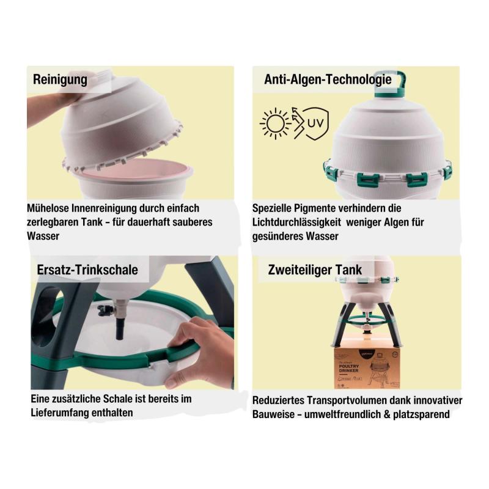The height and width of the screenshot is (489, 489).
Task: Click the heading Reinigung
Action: click(60, 79)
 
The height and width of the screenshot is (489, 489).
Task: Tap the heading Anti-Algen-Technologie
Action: click(328, 79)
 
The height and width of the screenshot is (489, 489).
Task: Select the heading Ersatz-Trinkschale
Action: click(87, 270)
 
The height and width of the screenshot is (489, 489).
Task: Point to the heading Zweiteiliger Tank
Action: click(315, 270)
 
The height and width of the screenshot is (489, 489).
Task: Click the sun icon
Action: click(276, 123)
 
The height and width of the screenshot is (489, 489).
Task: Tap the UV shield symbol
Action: click(315, 123)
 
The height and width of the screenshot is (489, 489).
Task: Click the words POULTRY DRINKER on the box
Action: click(348, 368)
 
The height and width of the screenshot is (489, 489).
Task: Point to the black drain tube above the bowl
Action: click(120, 329)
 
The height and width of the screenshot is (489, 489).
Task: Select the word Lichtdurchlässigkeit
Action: click(296, 222)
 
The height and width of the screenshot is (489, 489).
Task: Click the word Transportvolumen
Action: click(349, 400)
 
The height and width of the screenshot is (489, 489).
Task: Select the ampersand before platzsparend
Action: click(387, 414)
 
